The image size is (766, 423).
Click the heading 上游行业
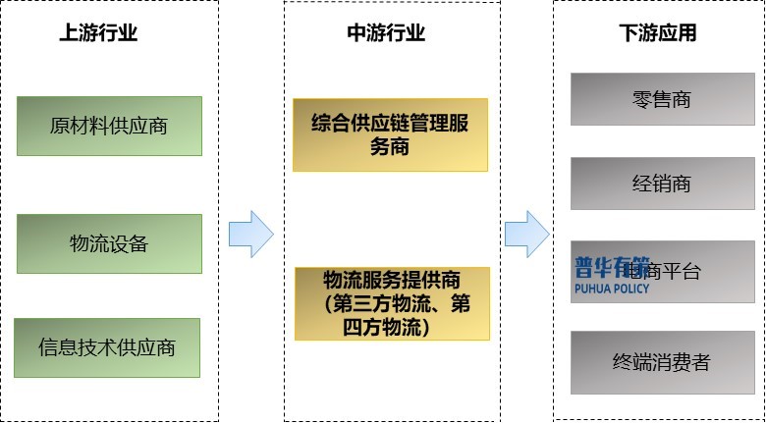[98, 32]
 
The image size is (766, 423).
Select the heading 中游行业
[386, 32]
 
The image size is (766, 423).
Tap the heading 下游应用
[658, 32]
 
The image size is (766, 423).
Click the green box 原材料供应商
[109, 126]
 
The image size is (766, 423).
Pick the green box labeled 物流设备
[109, 243]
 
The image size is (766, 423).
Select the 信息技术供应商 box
[107, 347]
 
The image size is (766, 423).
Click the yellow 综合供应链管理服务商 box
[390, 134]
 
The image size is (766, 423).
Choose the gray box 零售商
[662, 99]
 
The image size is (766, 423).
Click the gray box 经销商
[662, 184]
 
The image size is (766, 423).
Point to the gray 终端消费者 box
[661, 362]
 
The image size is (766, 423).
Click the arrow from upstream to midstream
[250, 234]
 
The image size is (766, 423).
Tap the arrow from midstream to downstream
[526, 234]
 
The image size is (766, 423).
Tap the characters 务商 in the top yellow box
[390, 147]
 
